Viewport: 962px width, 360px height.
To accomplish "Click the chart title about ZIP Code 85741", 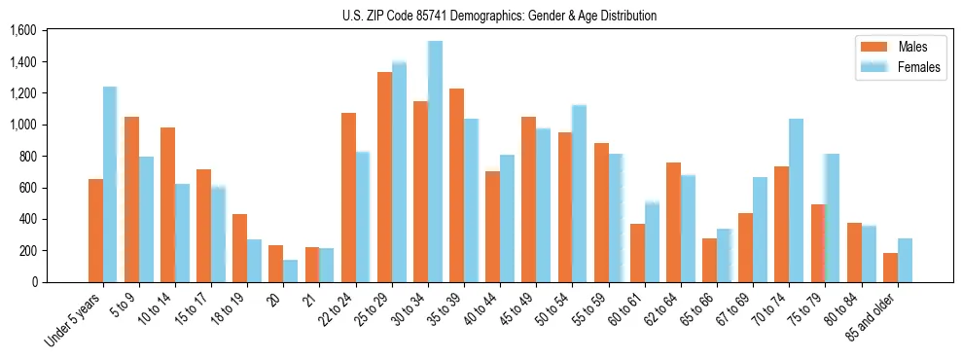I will click(500, 16).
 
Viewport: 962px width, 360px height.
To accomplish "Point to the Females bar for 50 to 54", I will click(579, 194).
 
